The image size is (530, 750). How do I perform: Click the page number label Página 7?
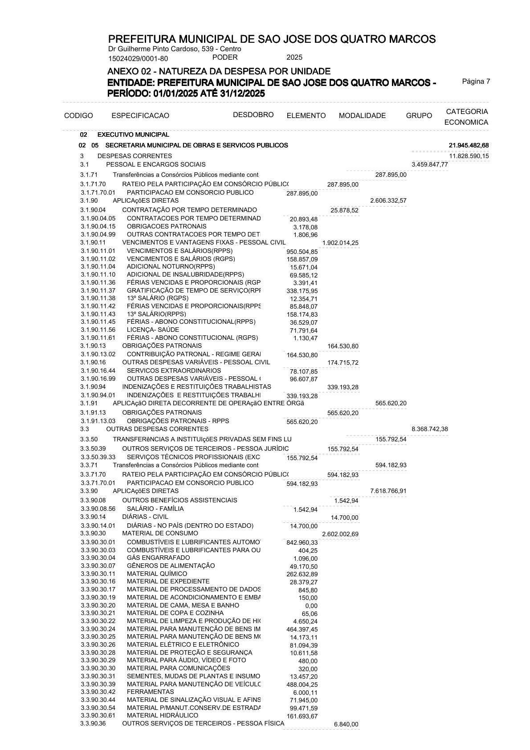click(476, 82)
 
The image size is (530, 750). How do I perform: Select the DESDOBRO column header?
click(253, 115)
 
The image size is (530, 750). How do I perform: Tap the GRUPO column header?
click(419, 116)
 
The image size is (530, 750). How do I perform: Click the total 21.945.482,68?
click(469, 146)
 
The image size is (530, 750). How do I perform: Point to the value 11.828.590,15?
click(469, 156)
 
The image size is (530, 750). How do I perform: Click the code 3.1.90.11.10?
click(98, 274)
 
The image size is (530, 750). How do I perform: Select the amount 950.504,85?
click(302, 252)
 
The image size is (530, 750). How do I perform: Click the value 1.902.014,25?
click(340, 243)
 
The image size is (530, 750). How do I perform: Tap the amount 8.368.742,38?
click(430, 429)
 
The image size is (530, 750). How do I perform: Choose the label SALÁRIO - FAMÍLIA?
click(155, 509)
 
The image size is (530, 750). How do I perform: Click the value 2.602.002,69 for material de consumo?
click(340, 534)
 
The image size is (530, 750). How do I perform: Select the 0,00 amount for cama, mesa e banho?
click(311, 606)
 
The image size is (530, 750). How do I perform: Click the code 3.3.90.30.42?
click(98, 692)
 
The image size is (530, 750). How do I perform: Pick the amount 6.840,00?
click(346, 725)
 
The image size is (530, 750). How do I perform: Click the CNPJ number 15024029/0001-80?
click(138, 58)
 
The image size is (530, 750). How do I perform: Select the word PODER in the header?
click(225, 57)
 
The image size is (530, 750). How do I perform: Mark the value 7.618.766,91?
click(388, 491)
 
